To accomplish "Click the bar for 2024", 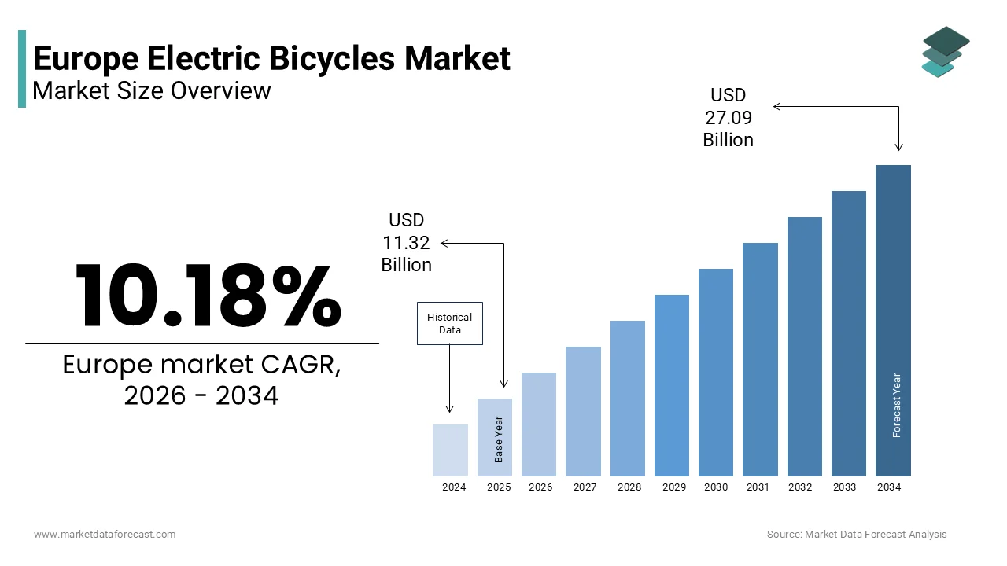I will coord(450,450).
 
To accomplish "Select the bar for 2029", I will coord(671,385).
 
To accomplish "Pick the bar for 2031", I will coord(760,359).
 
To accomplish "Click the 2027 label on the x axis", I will coord(585,487).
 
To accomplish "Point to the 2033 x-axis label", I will coord(844,487).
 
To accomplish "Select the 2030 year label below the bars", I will coord(715,487).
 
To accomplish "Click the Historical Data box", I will coord(449,323).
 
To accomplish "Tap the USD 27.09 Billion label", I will coord(728,117).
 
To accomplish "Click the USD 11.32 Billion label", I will coord(406,243).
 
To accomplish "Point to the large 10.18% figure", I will coord(208,296).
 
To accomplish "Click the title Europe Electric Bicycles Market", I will coord(271,59).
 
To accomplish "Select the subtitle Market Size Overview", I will coord(152,91).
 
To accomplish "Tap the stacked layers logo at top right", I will coord(946,52).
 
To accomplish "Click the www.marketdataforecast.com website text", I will coord(105,535).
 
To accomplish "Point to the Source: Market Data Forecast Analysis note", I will coord(857,535).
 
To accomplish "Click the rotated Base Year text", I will coord(499,439).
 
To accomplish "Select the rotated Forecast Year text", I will coord(897,405).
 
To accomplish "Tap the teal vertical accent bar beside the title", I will coord(22,68).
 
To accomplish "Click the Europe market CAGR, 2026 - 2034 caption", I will coord(201,380).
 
